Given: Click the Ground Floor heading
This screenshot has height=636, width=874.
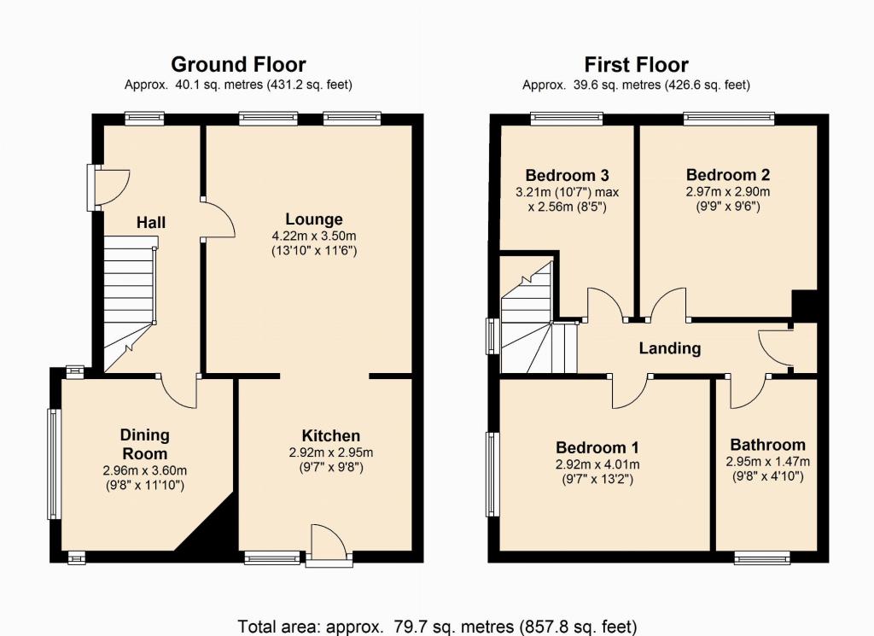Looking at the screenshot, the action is pyautogui.click(x=238, y=65).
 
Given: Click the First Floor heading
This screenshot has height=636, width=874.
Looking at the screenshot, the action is pyautogui.click(x=636, y=65).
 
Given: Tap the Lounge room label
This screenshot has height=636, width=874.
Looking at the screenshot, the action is pyautogui.click(x=314, y=219).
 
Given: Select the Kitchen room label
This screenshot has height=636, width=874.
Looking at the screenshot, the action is pyautogui.click(x=331, y=435).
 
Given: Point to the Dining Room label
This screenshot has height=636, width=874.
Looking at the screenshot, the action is pyautogui.click(x=145, y=444).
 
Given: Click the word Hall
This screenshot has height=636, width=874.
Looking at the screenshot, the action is pyautogui.click(x=151, y=223).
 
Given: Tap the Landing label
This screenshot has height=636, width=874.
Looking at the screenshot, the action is pyautogui.click(x=669, y=348).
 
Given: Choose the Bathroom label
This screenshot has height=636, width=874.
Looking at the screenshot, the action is pyautogui.click(x=767, y=445).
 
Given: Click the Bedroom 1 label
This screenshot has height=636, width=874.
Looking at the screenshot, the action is pyautogui.click(x=597, y=447).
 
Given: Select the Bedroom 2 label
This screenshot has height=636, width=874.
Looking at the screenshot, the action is pyautogui.click(x=728, y=175).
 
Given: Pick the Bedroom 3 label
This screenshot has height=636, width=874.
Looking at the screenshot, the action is pyautogui.click(x=567, y=176).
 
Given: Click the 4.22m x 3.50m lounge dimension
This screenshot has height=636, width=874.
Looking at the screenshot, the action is pyautogui.click(x=314, y=236).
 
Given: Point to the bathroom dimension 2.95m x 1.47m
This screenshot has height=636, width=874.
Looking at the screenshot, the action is pyautogui.click(x=767, y=462).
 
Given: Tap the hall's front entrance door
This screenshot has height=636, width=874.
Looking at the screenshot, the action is pyautogui.click(x=109, y=187).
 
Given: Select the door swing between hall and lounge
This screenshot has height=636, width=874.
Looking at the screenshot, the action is pyautogui.click(x=218, y=219).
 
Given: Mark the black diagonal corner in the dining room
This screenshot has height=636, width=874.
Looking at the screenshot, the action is pyautogui.click(x=207, y=523).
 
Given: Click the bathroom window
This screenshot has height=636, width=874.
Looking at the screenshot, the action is pyautogui.click(x=762, y=557).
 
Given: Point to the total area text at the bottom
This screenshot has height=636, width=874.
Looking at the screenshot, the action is pyautogui.click(x=437, y=627).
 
